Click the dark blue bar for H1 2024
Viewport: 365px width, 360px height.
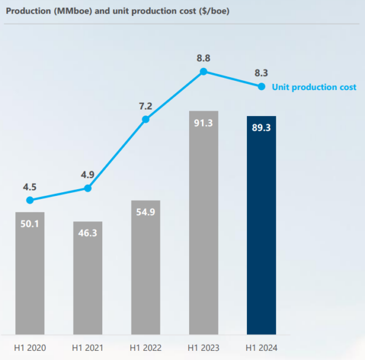(262, 225)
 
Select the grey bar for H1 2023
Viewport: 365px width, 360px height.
(204, 223)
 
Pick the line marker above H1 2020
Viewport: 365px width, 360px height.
(30, 200)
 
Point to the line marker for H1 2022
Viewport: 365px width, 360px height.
(145, 119)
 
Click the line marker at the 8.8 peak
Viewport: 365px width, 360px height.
(204, 71)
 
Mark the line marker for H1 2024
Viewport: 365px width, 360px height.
(262, 86)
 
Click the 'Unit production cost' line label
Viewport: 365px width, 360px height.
(314, 87)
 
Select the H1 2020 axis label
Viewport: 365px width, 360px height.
(30, 348)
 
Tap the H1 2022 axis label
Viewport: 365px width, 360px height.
(145, 348)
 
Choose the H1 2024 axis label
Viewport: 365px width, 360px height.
(262, 348)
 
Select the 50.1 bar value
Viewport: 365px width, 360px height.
(30, 224)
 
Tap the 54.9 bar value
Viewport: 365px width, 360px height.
(145, 213)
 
